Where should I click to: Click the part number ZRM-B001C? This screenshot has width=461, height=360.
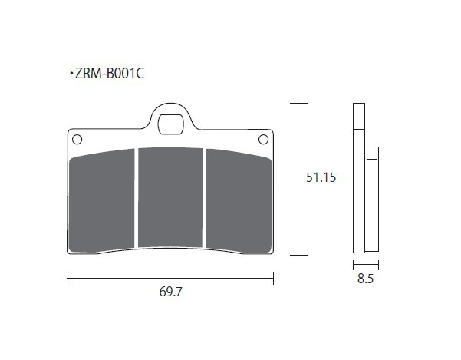(x=110, y=74)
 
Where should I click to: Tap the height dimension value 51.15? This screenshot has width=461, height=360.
(x=321, y=177)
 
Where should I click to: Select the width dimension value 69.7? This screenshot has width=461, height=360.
(x=170, y=292)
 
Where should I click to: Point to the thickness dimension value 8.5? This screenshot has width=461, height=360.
(x=365, y=279)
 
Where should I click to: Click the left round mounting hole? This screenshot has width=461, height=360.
(x=77, y=140)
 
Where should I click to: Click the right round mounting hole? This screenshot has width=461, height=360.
(x=263, y=140)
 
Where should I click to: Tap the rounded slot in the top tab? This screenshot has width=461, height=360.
(x=170, y=124)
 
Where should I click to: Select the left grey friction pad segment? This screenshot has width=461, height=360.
(x=101, y=200)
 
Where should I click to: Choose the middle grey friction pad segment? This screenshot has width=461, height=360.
(x=170, y=197)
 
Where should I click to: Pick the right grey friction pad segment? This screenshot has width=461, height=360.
(x=239, y=200)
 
